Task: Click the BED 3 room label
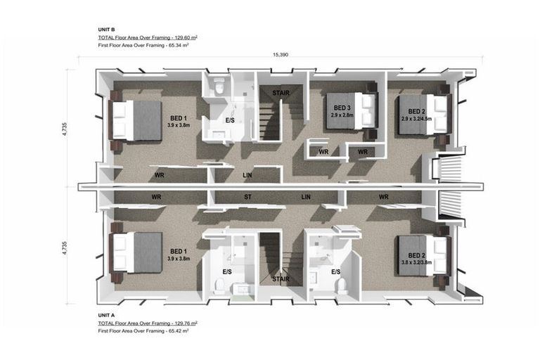coord(342,108)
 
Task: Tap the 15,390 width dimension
coord(280,54)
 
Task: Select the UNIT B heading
coord(106,30)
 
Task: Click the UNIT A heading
coord(106,315)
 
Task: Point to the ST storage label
coord(247,197)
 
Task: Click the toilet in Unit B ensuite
coord(219,86)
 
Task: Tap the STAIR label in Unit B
coord(281,93)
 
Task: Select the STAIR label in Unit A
coord(281,279)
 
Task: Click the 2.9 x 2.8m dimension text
coord(342,115)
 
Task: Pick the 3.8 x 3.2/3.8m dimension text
coord(416,262)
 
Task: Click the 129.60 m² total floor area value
coord(184,37)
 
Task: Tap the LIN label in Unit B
coord(247,175)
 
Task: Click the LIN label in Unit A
coord(306,197)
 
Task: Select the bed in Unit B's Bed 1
coord(135,120)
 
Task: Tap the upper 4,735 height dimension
coord(65,129)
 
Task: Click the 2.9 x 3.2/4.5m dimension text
coord(416,119)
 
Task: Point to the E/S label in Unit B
coord(230,120)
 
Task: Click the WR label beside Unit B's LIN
coord(159,175)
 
